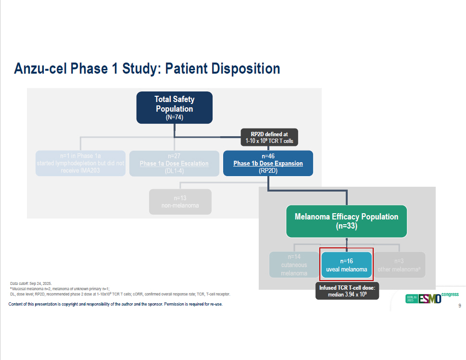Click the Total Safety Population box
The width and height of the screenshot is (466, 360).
174,107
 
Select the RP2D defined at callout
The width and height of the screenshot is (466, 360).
270,137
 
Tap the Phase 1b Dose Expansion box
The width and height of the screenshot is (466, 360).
268,163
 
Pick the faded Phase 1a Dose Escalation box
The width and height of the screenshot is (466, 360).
174,163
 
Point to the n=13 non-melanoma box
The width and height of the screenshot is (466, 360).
180,201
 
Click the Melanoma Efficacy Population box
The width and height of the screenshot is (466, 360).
346,221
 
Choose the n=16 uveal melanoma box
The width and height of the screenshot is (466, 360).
346,265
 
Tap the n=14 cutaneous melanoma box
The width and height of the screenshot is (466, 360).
293,265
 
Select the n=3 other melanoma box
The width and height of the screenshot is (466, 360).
399,265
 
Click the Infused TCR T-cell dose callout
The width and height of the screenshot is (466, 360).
347,290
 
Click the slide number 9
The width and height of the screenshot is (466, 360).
459,306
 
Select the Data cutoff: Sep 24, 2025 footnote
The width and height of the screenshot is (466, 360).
31,283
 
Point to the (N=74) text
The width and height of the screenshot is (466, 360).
174,117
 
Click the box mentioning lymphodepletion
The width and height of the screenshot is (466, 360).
80,163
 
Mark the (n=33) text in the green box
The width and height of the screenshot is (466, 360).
346,225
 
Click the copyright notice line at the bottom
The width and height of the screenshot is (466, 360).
115,304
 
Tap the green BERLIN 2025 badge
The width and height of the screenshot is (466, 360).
412,298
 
